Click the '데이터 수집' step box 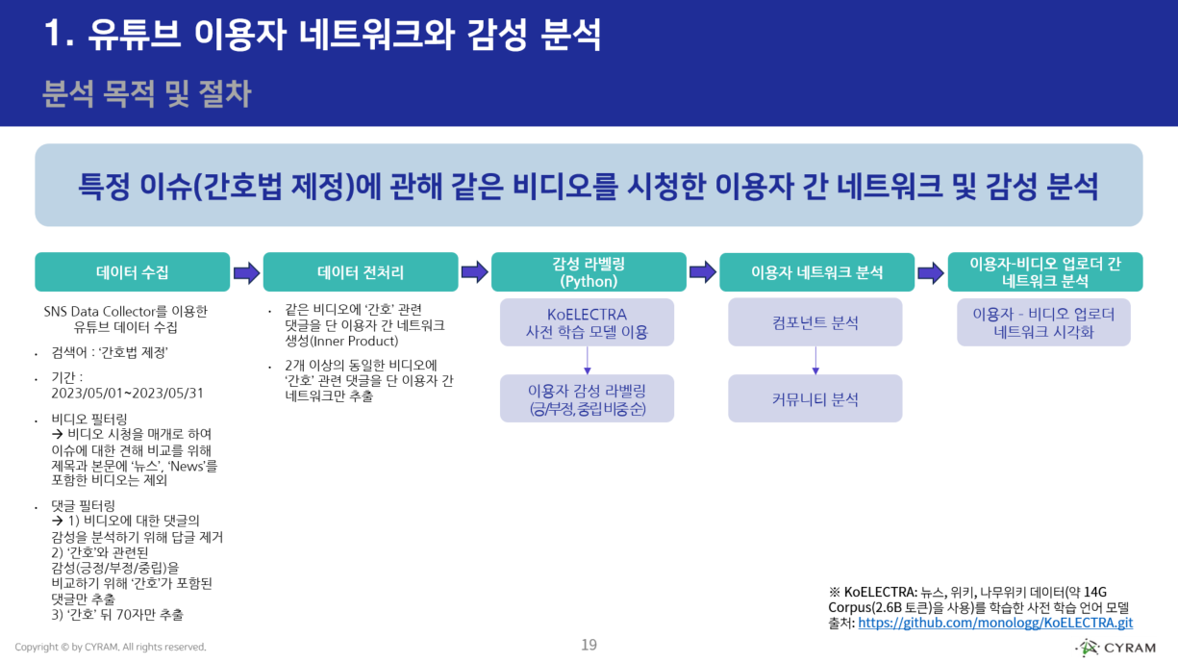133,272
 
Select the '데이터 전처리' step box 360,272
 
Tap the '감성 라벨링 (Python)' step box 589,272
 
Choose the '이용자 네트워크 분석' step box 816,272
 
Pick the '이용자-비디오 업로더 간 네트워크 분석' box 1044,272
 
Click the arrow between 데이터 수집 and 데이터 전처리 246,273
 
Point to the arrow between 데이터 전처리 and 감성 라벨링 474,273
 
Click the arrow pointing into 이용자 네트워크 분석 703,273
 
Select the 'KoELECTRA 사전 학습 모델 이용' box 587,322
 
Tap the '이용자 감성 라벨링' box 587,398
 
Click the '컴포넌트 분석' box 815,322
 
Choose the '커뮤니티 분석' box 815,398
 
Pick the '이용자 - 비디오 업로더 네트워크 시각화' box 1043,322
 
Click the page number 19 589,645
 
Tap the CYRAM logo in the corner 1115,647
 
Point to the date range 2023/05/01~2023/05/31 127,394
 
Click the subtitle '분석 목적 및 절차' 147,93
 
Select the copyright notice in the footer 111,647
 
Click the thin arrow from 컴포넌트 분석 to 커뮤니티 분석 815,360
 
